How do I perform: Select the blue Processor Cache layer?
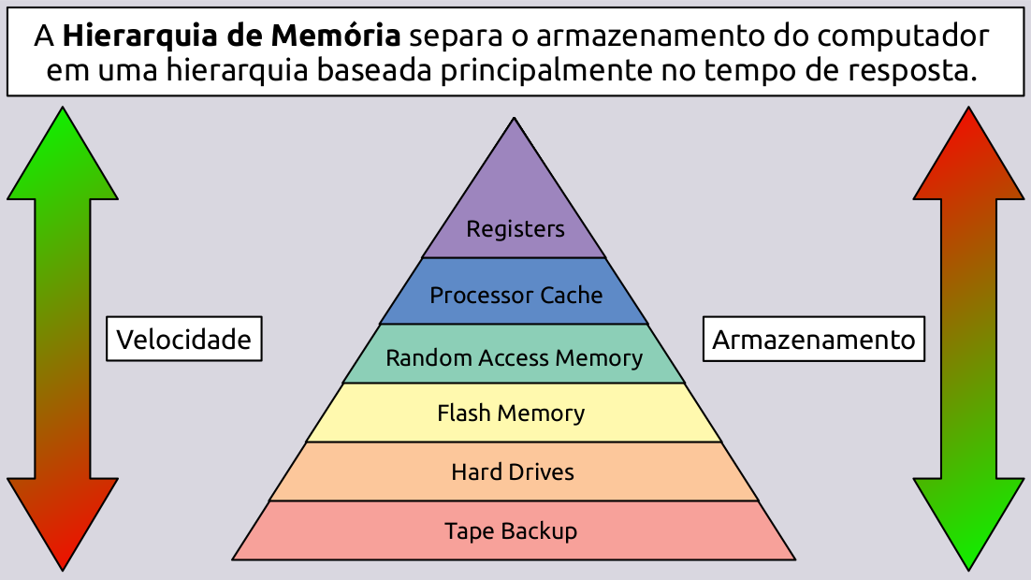tap(515, 295)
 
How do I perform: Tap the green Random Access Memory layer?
tap(515, 357)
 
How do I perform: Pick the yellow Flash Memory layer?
tap(512, 413)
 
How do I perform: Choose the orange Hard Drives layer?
tap(513, 471)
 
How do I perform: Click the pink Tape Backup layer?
tap(511, 531)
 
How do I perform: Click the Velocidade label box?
tap(183, 339)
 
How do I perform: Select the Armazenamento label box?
tap(813, 339)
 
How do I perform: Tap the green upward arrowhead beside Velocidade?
tap(63, 159)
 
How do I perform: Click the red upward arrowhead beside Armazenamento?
tap(968, 159)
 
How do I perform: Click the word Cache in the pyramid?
tap(572, 295)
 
